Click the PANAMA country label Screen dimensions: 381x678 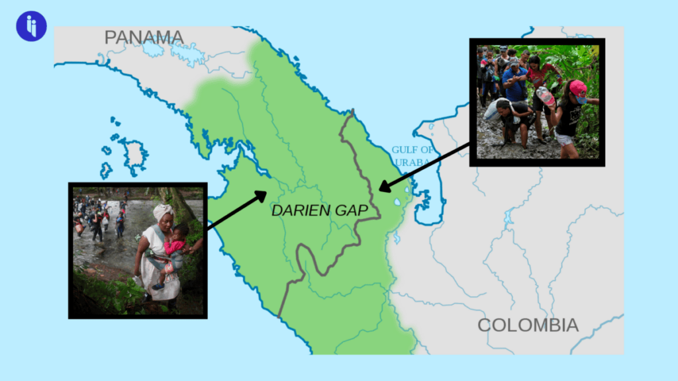coord(144,37)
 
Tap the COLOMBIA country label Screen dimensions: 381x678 coord(528,325)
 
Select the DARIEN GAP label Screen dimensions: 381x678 coord(320,211)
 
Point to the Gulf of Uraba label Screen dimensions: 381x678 coord(412,155)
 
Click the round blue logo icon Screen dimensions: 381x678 coord(31,26)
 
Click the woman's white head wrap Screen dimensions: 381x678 coord(163,211)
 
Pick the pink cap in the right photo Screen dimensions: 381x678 coord(577,87)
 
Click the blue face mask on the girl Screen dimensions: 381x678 coord(581,100)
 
